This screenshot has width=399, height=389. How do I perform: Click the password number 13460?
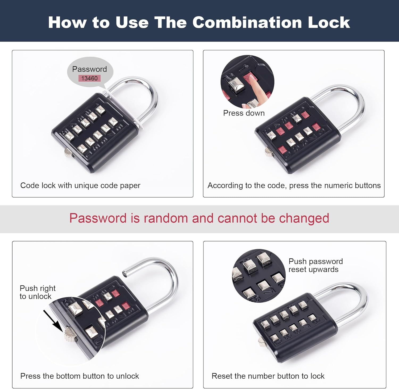[89, 78]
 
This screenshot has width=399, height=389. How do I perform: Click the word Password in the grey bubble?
[89, 69]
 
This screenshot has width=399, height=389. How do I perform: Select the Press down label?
[244, 113]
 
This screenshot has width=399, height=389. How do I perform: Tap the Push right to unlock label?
[38, 292]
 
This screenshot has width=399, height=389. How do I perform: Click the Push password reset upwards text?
[315, 265]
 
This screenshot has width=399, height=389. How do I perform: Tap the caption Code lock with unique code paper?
[80, 185]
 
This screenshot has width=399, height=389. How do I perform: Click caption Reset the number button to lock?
[268, 376]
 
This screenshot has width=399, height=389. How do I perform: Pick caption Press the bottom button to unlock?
[80, 376]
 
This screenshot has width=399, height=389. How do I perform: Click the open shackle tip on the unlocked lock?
[124, 273]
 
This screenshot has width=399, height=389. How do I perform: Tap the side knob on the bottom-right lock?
[262, 342]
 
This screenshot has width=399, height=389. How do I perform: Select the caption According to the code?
[294, 185]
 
